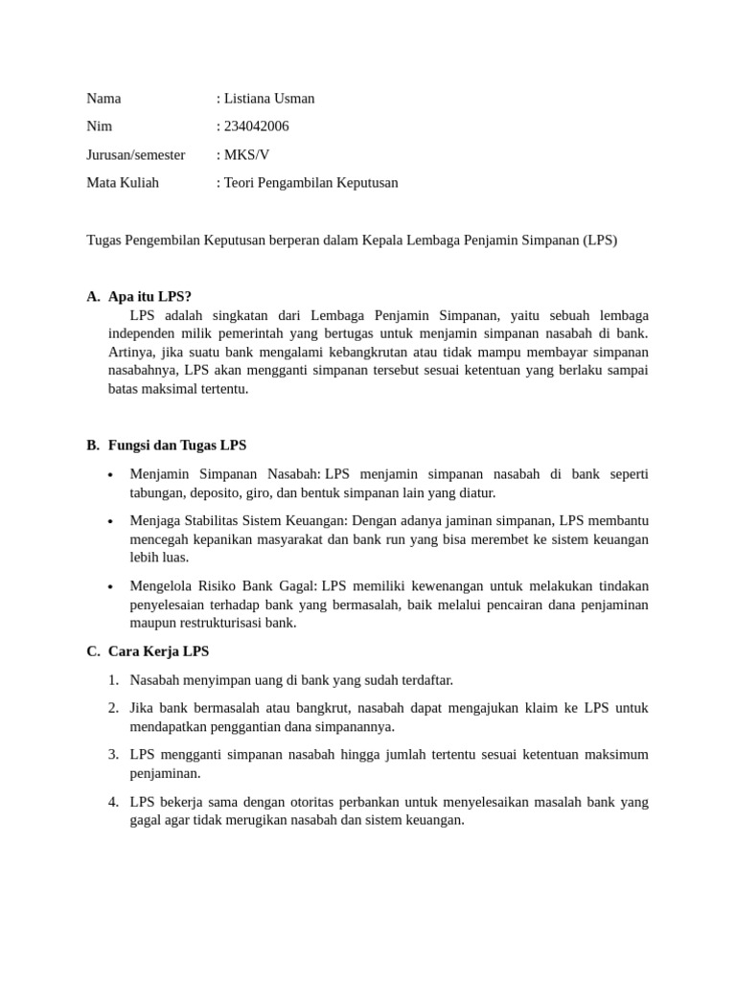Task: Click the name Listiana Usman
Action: point(269,99)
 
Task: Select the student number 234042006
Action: point(256,126)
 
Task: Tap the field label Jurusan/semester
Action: point(136,154)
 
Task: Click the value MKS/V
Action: point(246,154)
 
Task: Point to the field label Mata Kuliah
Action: point(123,182)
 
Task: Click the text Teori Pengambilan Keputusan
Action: point(310,182)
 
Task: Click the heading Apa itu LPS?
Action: point(149,297)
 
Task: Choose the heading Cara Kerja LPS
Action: point(158,651)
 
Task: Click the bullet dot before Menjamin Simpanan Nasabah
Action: point(111,475)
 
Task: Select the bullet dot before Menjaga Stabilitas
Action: point(111,522)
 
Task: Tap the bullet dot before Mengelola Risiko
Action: point(111,587)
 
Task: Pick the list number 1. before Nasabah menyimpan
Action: point(113,680)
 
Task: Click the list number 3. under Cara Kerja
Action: point(113,755)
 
